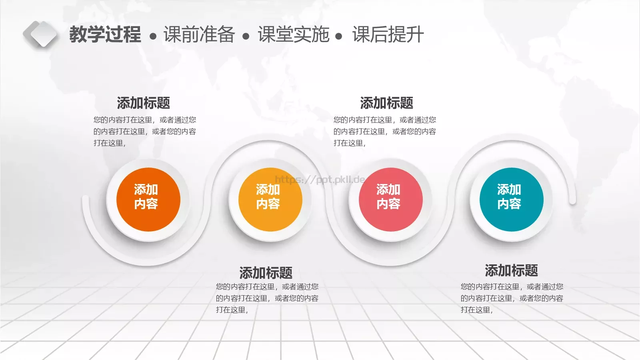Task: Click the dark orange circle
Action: coord(148,200)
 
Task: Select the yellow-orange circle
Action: coord(270,200)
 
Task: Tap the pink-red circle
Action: coord(390,200)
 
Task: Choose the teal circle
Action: coord(511,200)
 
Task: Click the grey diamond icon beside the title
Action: coord(40,34)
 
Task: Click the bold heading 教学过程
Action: coord(105,34)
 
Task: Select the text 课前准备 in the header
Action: coord(199,34)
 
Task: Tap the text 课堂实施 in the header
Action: coord(294,34)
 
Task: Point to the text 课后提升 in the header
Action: coord(388,34)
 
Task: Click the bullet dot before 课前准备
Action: coord(153,37)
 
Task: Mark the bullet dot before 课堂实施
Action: coord(246,37)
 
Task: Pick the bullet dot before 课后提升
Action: coord(339,37)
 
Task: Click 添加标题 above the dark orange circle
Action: coord(144,103)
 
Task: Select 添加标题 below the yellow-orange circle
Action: coord(266,273)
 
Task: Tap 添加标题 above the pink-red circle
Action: coord(387,103)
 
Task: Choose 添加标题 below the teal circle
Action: coord(511,271)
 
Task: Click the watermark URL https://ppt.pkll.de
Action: coord(320,180)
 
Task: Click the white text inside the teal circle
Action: coord(509,196)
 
